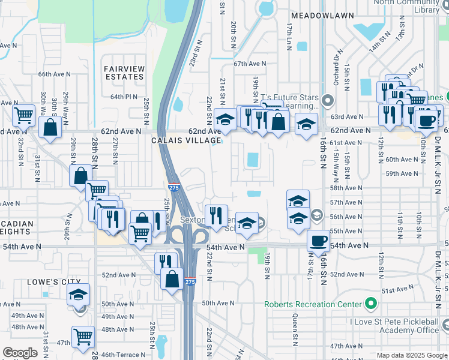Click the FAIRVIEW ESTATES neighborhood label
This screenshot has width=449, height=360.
124,73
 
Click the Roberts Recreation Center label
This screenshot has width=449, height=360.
313,304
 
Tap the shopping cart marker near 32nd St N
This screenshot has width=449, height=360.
23,113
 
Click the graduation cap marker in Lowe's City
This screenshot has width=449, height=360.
78,294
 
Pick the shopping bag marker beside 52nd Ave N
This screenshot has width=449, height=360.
172,278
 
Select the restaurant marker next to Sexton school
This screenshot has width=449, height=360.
216,215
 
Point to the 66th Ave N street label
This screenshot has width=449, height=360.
54,74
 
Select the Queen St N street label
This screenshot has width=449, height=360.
295,330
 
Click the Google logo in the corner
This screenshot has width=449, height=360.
20,353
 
